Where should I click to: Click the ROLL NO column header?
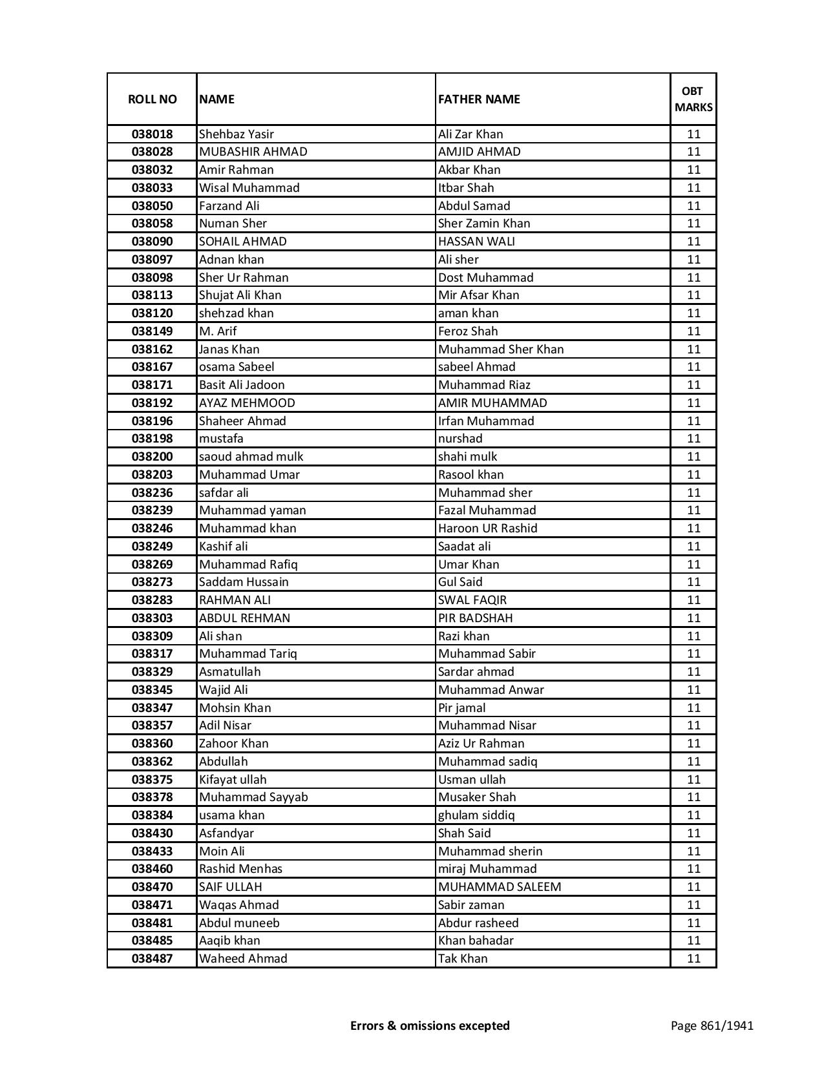click(152, 99)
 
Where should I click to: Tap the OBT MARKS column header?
click(693, 99)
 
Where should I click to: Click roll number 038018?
click(152, 134)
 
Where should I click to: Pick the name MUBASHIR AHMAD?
click(253, 152)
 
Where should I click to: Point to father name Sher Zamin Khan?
click(484, 224)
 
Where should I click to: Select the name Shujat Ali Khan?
click(240, 295)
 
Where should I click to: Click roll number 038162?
click(152, 350)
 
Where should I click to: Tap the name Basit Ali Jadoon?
click(242, 385)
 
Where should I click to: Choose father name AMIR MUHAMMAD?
click(492, 403)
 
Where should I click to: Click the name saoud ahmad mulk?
click(251, 457)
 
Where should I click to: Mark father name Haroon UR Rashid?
click(487, 528)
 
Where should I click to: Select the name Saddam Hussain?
click(244, 582)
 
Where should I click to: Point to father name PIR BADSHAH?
click(475, 618)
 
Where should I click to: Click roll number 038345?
click(152, 690)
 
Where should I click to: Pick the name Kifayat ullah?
click(233, 780)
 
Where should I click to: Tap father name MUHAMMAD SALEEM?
click(500, 887)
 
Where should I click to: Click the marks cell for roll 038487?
click(693, 959)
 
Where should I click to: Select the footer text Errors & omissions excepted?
click(430, 1025)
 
